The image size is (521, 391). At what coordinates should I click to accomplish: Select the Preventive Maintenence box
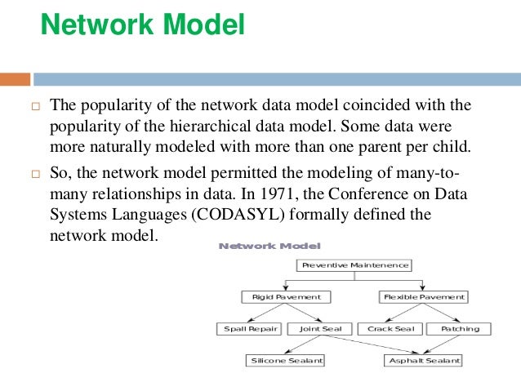click(354, 265)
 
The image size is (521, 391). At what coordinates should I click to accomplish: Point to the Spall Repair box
click(250, 329)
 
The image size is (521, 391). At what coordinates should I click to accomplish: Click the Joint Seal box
click(320, 329)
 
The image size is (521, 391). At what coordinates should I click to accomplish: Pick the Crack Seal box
click(390, 329)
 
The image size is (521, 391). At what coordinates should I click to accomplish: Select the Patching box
click(460, 329)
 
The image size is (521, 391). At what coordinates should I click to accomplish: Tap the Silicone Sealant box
click(286, 360)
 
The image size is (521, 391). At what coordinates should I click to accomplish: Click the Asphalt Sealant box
click(424, 360)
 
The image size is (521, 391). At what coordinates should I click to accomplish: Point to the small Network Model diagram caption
click(269, 245)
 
